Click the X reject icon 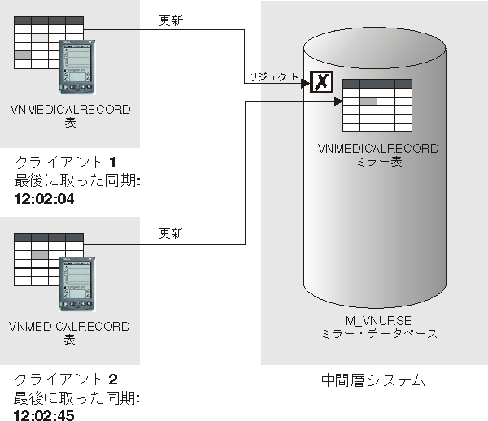tap(321, 82)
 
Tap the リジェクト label tap(274, 76)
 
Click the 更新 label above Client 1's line tap(171, 20)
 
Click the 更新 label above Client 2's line tap(171, 233)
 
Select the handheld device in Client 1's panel tap(77, 67)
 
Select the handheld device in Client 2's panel tap(77, 284)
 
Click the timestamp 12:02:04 tap(44, 199)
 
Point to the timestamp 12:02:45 tap(44, 415)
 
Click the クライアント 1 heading tap(66, 163)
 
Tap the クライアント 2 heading tap(66, 380)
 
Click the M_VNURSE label tap(378, 320)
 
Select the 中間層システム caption tap(373, 380)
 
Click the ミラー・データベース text tap(379, 334)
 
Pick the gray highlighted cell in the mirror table tap(368, 101)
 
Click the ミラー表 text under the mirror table tap(379, 162)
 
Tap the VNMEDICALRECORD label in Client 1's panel tap(70, 110)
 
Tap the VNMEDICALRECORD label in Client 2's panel tap(69, 327)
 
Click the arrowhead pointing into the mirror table tap(338, 102)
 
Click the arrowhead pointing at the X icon tap(305, 84)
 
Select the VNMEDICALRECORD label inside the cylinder tap(378, 148)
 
